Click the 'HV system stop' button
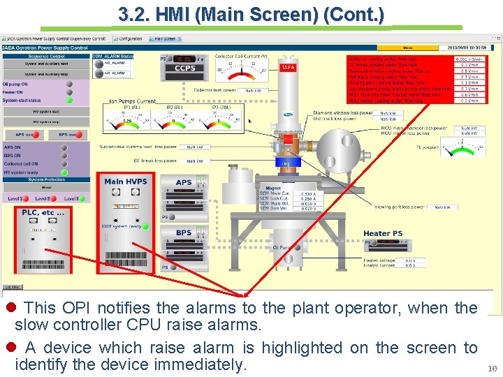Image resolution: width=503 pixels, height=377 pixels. coord(46,121)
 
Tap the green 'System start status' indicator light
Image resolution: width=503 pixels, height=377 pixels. coord(69,100)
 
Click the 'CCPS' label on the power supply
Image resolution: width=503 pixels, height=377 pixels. coord(184,68)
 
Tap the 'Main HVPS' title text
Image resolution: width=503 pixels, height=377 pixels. coord(126,182)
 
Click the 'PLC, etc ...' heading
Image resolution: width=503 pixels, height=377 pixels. coord(38,212)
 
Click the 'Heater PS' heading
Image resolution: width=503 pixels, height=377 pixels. coord(383,233)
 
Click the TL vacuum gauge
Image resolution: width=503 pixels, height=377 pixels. coord(463,149)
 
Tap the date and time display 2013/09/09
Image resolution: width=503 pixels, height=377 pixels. coord(466,47)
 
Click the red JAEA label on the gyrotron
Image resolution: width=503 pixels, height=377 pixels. coord(287,68)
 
